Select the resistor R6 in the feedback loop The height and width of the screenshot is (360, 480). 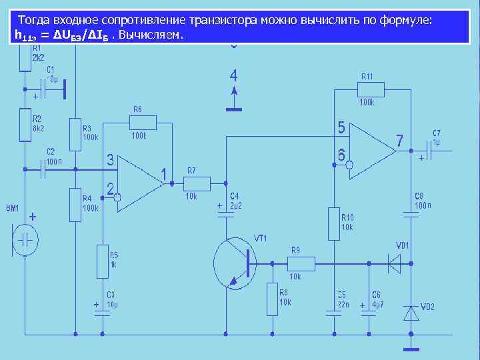(143, 122)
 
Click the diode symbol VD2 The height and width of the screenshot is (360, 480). (411, 313)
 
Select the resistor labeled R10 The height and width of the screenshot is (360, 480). (334, 224)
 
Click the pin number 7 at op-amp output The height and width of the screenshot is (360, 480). (399, 141)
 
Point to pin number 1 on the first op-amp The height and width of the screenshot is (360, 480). (164, 175)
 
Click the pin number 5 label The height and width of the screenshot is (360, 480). (341, 127)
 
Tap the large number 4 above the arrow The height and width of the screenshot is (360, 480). (233, 75)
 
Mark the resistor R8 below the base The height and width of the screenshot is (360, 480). (272, 299)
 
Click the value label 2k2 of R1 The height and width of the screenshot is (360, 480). (37, 57)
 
